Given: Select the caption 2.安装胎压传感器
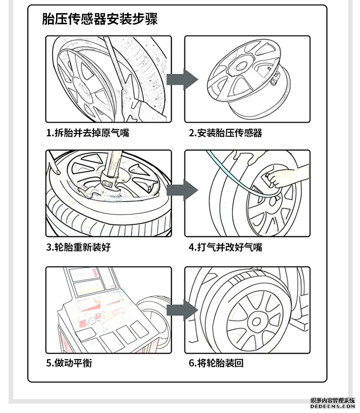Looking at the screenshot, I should point(226,133).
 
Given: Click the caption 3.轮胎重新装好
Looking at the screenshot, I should point(78,248).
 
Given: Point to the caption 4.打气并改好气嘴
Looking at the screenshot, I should point(226,248).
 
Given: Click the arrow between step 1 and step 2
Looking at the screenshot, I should point(181,79).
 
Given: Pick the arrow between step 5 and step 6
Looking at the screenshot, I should point(181,310).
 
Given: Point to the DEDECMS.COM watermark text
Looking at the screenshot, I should point(333,406).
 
